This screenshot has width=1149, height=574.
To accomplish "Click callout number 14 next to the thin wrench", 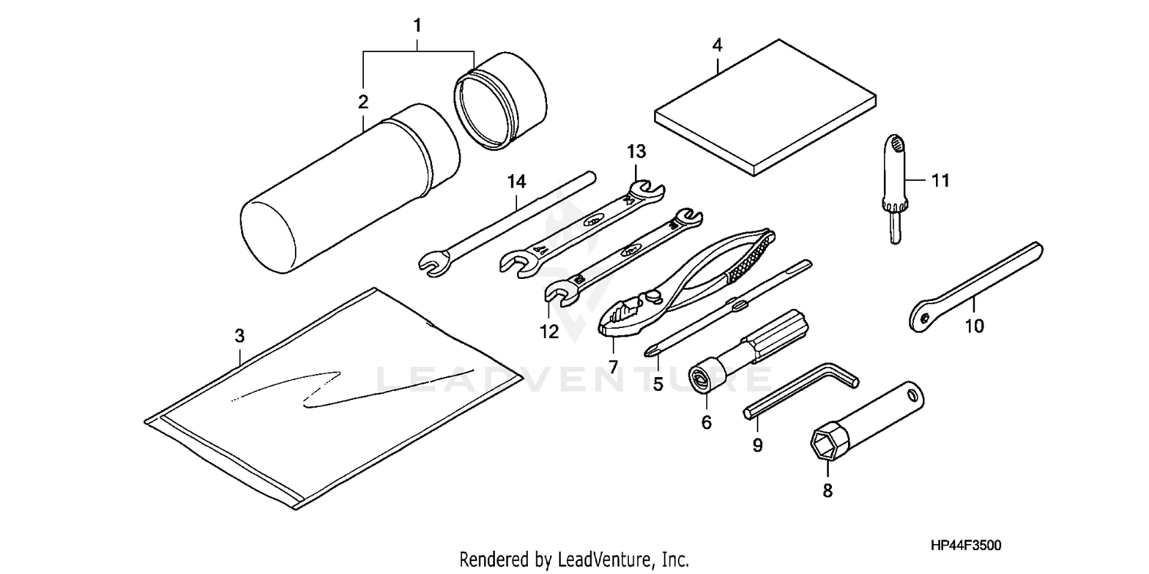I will tap(516, 182).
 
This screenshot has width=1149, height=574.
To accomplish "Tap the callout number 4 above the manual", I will tap(717, 45).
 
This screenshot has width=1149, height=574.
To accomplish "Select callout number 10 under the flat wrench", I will tap(973, 326).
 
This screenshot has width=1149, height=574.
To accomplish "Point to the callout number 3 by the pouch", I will tap(239, 336).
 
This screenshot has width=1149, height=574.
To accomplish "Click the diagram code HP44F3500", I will tap(964, 546).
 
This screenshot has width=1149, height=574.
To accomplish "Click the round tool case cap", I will tap(502, 101).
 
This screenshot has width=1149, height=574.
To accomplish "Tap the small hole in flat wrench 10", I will tap(925, 316).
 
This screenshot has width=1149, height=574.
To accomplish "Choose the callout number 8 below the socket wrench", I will tap(827, 490).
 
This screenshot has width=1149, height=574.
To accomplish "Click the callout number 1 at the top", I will tap(417, 25).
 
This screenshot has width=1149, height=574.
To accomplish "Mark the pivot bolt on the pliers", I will tap(653, 293).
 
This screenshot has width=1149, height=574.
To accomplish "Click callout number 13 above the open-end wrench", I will tap(637, 151).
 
